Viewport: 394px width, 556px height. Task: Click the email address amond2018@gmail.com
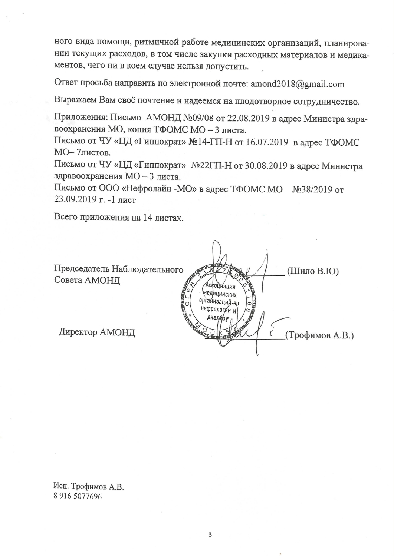298,84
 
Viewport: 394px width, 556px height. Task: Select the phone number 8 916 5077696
78,496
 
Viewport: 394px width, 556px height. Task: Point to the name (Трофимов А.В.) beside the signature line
319,336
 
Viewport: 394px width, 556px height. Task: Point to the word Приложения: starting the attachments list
81,119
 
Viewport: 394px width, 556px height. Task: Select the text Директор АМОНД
97,332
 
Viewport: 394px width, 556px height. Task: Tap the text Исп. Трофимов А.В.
88,486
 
